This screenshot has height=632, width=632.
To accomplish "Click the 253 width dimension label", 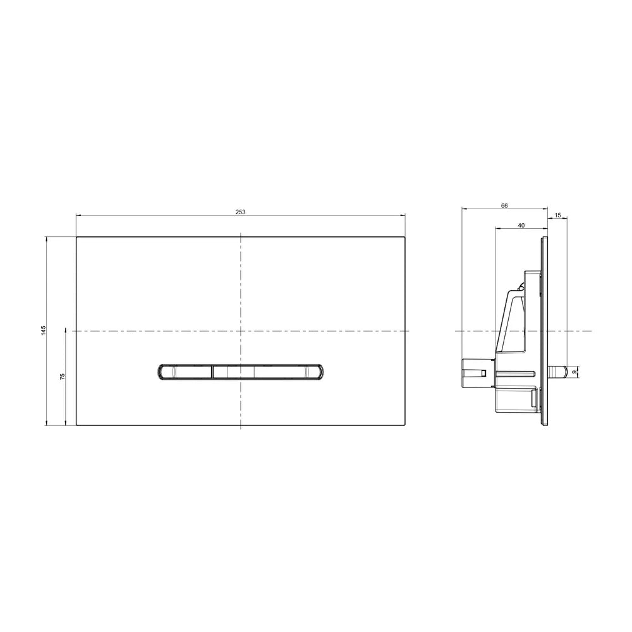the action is (240, 212).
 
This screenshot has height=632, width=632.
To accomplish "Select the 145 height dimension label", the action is (44, 330).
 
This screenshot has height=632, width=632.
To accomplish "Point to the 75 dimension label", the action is (62, 377).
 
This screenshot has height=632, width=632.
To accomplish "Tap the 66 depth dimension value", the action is (504, 205).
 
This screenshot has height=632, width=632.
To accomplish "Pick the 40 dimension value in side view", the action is (521, 226).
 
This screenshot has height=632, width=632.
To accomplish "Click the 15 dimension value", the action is (557, 216).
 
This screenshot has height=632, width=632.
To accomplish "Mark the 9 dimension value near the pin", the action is (574, 372).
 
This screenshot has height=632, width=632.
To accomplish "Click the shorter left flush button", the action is (185, 372).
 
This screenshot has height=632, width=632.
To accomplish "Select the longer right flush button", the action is (267, 372).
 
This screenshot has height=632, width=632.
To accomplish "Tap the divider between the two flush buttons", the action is (212, 372).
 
